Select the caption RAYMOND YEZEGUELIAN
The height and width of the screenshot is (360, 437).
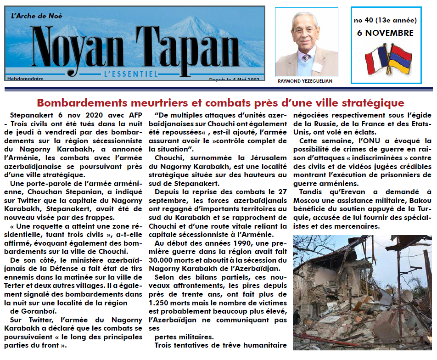tap(305, 81)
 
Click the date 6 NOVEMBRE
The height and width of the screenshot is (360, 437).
tap(385, 33)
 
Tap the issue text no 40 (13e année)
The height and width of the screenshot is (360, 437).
tap(385, 20)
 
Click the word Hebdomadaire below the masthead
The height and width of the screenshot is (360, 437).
tap(25, 79)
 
